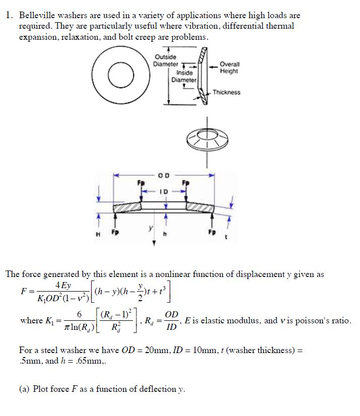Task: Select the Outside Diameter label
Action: click(x=166, y=60)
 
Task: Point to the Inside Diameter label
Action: click(x=183, y=77)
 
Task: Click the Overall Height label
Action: click(x=230, y=68)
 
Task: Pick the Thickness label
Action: click(x=226, y=92)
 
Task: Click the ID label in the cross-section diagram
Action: click(x=164, y=191)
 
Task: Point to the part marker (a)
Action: click(x=25, y=389)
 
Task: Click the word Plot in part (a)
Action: click(x=42, y=389)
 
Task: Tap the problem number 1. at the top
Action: click(x=9, y=16)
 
